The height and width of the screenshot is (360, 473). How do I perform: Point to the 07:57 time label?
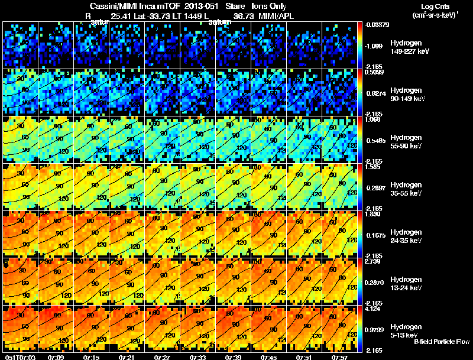click(x=341, y=357)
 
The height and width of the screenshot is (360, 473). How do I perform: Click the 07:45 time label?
click(x=269, y=357)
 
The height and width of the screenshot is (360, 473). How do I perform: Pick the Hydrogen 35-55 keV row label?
click(x=387, y=189)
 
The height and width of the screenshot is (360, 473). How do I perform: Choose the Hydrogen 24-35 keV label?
click(x=387, y=236)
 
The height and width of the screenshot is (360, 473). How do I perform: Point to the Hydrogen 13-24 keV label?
click(x=387, y=284)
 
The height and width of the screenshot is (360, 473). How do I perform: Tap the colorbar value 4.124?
click(x=372, y=309)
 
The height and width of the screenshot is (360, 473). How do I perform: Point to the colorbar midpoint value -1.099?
click(x=373, y=46)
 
